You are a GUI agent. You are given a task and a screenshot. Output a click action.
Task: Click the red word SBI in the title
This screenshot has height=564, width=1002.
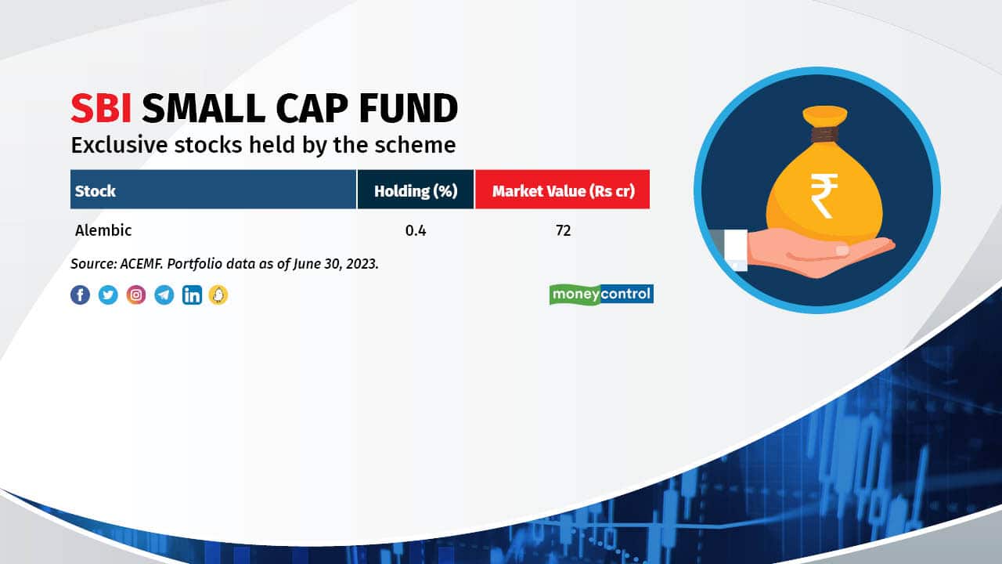click(101, 108)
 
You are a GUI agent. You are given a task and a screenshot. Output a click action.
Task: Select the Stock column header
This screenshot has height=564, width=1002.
click(214, 190)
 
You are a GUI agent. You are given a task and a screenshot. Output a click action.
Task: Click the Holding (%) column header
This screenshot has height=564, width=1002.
click(416, 190)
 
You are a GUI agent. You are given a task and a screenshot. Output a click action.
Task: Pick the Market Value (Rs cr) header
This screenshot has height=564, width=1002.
click(562, 190)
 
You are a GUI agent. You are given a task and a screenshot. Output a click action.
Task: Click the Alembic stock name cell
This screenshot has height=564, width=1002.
click(103, 230)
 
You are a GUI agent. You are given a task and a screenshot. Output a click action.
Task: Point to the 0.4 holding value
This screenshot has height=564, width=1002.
click(416, 230)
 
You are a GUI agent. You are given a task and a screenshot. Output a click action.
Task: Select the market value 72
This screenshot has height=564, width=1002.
click(563, 230)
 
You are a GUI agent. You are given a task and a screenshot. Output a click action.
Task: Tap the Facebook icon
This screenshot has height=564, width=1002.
click(80, 295)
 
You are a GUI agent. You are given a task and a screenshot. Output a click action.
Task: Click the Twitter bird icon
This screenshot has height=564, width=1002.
click(108, 295)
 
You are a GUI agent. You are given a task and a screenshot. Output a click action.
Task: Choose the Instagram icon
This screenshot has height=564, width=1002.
click(136, 295)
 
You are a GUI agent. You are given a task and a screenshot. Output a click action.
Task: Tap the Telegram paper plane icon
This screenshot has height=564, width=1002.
click(164, 295)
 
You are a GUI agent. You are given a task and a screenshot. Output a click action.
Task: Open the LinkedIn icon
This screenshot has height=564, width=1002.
click(192, 295)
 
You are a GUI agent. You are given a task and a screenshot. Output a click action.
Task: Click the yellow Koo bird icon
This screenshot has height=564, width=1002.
click(218, 295)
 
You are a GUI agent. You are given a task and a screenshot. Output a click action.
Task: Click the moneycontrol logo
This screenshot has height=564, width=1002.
click(602, 295)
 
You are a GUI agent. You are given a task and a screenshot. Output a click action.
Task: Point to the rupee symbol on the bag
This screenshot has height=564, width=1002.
click(824, 196)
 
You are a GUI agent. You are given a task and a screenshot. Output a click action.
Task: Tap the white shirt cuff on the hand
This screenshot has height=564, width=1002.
click(735, 250)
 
